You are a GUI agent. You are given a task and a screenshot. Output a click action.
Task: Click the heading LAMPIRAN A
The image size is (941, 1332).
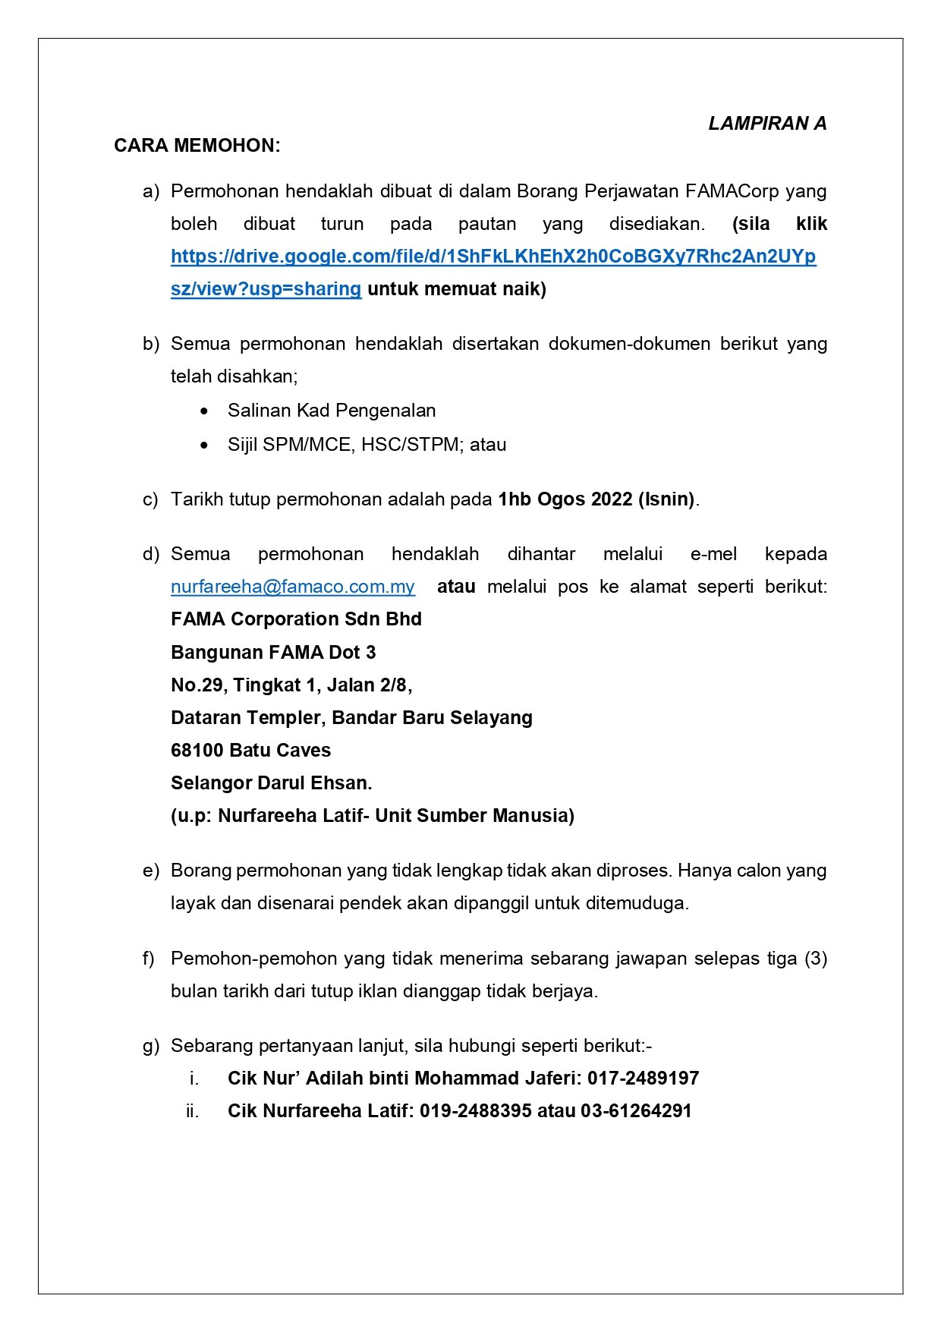click(766, 124)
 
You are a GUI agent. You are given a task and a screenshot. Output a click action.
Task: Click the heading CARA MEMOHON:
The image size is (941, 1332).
click(197, 146)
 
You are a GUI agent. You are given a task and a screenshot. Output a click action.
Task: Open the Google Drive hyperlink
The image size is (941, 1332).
click(493, 257)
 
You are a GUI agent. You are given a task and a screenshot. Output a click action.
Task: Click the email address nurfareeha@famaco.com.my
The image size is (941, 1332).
click(293, 587)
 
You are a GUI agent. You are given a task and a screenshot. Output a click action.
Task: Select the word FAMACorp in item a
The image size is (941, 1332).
click(732, 191)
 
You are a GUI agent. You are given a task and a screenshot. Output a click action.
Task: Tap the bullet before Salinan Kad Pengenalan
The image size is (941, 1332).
click(204, 411)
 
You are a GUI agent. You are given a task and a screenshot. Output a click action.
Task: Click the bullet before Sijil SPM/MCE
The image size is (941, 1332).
click(204, 446)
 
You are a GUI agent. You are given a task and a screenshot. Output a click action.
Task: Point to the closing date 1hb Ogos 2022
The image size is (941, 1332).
click(565, 499)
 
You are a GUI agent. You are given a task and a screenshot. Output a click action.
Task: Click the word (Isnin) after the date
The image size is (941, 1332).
click(666, 499)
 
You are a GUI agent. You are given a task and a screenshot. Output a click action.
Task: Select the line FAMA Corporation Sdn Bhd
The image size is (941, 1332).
click(296, 619)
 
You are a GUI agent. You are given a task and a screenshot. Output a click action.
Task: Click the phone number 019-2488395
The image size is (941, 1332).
click(475, 1111)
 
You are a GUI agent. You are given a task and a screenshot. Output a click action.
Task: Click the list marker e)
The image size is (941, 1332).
click(151, 871)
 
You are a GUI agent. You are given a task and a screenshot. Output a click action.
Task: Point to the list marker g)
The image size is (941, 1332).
click(151, 1046)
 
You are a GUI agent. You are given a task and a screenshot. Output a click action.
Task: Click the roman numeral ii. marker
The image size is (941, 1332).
click(192, 1111)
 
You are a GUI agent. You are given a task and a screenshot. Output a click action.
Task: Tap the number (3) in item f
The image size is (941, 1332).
click(815, 959)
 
